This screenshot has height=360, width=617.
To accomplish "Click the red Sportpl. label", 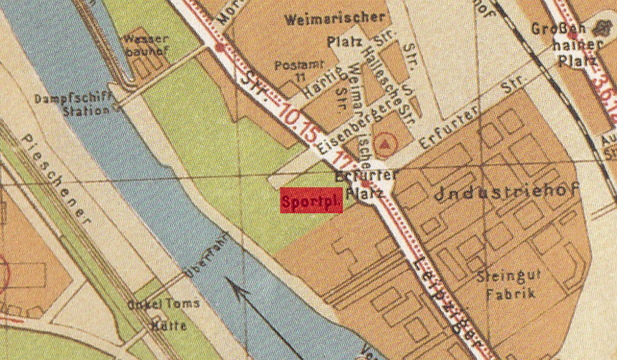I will [311, 200].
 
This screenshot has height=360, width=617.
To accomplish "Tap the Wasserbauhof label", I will [145, 46].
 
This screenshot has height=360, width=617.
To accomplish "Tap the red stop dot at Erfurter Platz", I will [367, 184].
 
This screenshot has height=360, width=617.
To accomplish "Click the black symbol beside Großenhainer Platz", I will [604, 28].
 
